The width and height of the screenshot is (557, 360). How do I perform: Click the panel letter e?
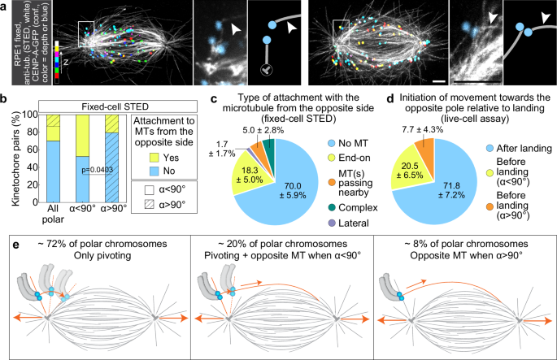(6, 242)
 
